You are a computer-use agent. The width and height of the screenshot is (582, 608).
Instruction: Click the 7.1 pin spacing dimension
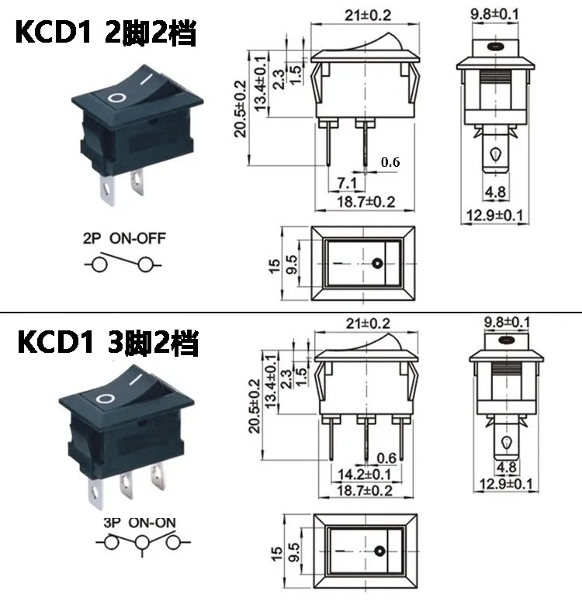(347, 183)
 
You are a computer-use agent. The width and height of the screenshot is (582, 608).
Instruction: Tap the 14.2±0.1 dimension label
(365, 475)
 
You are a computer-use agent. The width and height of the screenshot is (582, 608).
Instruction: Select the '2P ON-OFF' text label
(124, 238)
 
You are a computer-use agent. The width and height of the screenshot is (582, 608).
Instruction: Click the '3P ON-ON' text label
(140, 523)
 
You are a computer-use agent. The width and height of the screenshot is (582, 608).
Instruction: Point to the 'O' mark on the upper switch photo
(116, 98)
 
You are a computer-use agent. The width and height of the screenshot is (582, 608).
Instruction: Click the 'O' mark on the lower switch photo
(106, 399)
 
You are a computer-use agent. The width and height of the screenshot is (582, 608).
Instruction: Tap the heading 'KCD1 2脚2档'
(106, 33)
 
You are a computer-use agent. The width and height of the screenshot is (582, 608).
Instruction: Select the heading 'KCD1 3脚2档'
(108, 342)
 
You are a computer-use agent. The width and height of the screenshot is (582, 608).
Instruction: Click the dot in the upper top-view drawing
(377, 264)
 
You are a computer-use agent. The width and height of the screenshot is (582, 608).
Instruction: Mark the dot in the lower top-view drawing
(379, 551)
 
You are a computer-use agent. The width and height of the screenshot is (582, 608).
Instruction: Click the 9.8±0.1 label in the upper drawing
(495, 14)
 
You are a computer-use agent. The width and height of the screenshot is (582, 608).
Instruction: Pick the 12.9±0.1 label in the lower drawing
(506, 484)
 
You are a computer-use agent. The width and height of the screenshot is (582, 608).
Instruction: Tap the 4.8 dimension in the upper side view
(495, 192)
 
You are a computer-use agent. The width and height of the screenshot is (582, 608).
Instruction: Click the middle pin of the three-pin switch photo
(126, 485)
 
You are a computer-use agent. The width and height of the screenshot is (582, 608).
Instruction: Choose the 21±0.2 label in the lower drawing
(368, 323)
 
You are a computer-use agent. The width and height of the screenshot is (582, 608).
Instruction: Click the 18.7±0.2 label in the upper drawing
(365, 202)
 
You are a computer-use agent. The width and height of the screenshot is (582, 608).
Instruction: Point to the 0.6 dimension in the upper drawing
(390, 162)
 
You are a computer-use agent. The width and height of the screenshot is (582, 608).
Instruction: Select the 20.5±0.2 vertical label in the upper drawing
(241, 109)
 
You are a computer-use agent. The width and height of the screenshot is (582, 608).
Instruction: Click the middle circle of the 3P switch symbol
(143, 543)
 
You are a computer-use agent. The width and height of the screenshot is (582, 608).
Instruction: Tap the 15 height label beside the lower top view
(276, 554)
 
